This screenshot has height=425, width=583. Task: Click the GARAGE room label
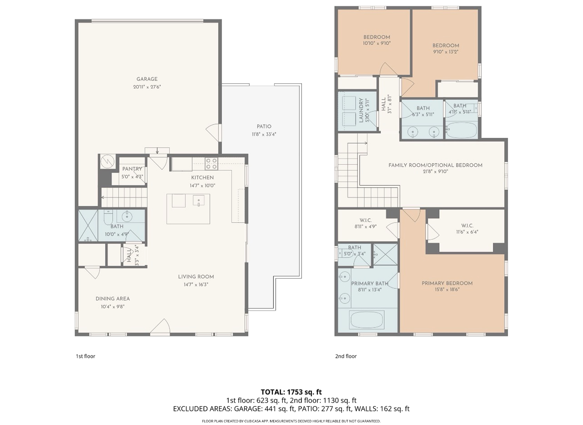[147, 79]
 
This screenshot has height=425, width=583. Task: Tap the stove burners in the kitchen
[211, 164]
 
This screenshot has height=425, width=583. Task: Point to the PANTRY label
[132, 169]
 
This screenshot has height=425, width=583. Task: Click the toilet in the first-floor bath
[108, 218]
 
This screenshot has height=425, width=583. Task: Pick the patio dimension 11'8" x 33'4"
[264, 134]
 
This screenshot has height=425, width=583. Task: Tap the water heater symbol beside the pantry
[107, 161]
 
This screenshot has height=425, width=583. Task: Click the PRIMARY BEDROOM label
[447, 283]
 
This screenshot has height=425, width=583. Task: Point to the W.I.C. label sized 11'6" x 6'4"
[467, 226]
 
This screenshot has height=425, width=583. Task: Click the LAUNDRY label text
[361, 110]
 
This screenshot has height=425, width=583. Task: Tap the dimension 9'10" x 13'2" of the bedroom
[446, 52]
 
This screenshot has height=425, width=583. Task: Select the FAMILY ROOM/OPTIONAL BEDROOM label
[435, 165]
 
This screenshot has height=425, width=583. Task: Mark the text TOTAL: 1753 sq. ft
[291, 392]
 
